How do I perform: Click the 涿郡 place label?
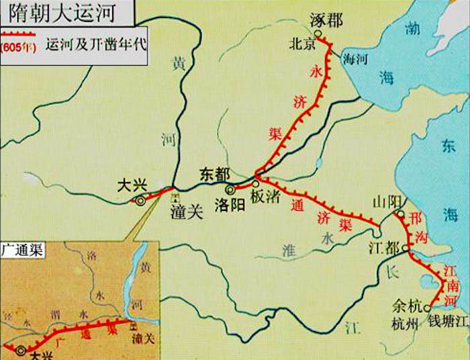(326, 20)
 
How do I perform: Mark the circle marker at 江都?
(406, 247)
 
